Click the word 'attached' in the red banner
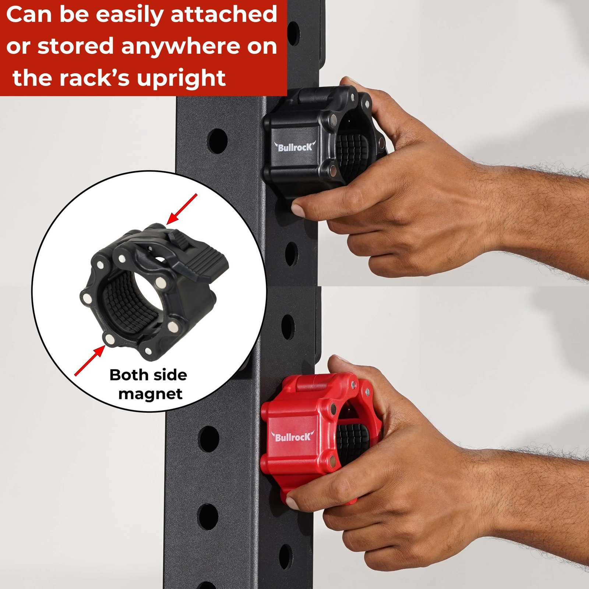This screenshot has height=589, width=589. [x=224, y=15]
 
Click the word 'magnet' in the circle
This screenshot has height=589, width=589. [x=150, y=395]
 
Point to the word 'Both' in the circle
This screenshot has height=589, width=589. [x=128, y=375]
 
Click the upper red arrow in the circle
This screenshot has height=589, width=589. [x=182, y=209]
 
